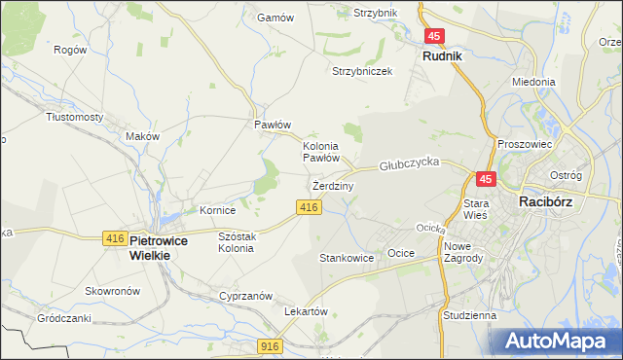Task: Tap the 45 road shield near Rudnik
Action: [x=435, y=36]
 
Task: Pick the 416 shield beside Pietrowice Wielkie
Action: [x=113, y=238]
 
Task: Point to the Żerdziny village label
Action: [x=333, y=185]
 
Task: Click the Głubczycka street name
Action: [x=411, y=163]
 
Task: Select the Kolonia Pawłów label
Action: [x=320, y=151]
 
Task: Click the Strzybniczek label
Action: [x=362, y=72]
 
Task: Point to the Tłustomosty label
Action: [x=75, y=117]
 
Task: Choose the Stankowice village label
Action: [x=347, y=259]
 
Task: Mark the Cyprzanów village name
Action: [x=245, y=296]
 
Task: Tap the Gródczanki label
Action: [x=64, y=318]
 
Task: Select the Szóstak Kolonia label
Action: [x=238, y=242]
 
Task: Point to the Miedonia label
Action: [x=532, y=83]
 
